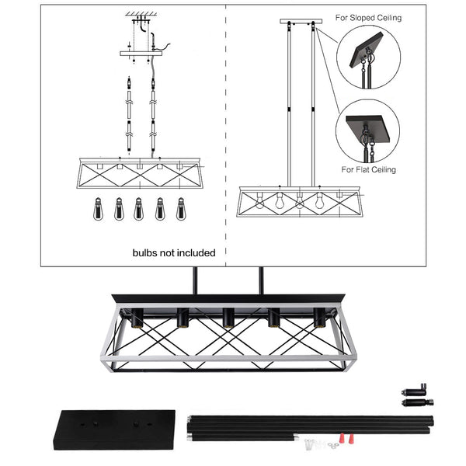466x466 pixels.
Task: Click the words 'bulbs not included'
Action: coord(174,252)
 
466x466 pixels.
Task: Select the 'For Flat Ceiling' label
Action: coord(368,169)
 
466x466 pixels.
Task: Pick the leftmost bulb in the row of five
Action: coord(99,209)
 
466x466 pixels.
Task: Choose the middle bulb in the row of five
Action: coord(139,209)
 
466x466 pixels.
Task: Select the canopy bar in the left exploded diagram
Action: coord(142,53)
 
